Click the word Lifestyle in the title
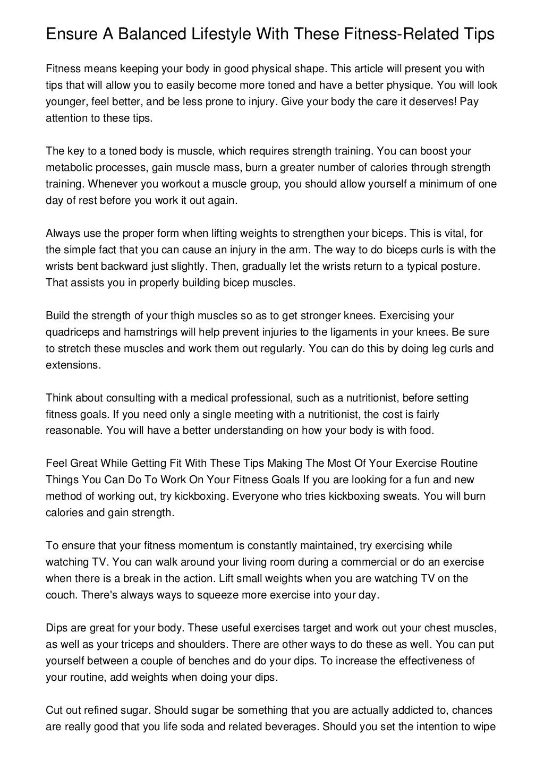click(x=202, y=35)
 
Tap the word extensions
click(x=72, y=365)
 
